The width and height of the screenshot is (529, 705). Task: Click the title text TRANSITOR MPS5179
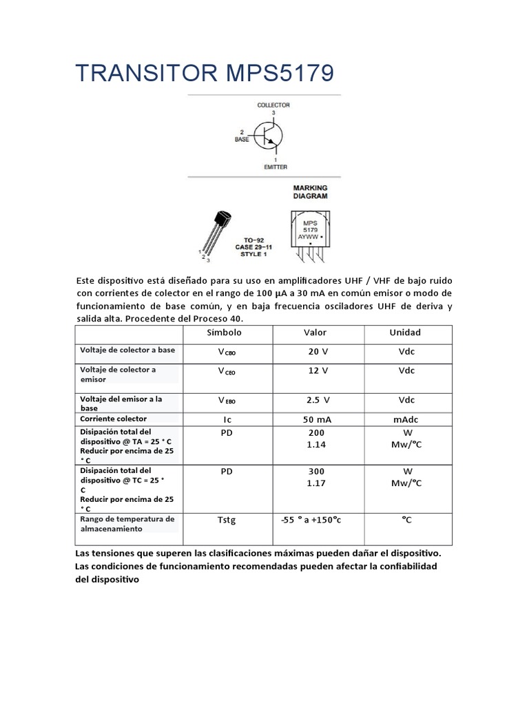click(204, 72)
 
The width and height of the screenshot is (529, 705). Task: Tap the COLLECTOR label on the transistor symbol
click(273, 105)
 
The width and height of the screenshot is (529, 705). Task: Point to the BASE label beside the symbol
click(242, 138)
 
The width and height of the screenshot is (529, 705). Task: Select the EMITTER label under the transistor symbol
click(275, 167)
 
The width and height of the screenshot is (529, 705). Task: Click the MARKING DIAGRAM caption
click(310, 191)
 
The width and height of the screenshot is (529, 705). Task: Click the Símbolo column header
click(225, 333)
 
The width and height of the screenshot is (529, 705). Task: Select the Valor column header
click(315, 333)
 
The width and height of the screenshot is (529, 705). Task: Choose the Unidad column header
click(405, 333)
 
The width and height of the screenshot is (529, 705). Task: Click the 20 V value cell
click(318, 352)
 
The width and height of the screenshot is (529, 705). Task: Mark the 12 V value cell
click(318, 370)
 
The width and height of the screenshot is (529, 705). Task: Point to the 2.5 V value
click(318, 400)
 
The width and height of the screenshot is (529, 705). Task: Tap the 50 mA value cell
click(318, 419)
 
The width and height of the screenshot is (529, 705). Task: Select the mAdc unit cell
click(406, 419)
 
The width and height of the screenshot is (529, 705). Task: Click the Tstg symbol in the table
click(226, 520)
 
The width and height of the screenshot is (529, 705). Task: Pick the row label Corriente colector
click(113, 419)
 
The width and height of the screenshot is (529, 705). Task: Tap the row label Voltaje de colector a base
click(127, 350)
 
